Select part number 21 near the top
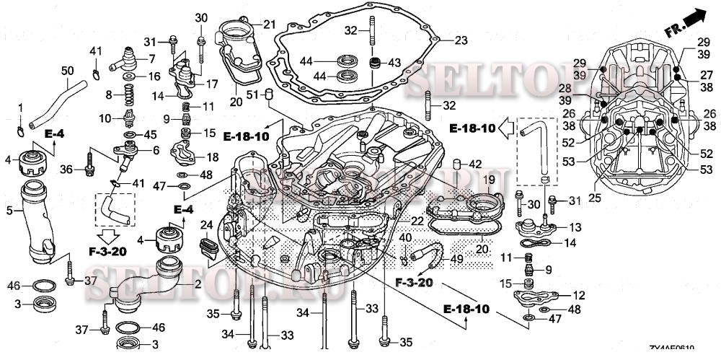point(269,25)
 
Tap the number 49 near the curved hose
point(457,259)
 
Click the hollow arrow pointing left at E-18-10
point(508,129)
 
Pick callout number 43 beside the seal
point(394,63)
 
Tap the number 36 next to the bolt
point(66,170)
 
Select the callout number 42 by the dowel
point(475,164)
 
